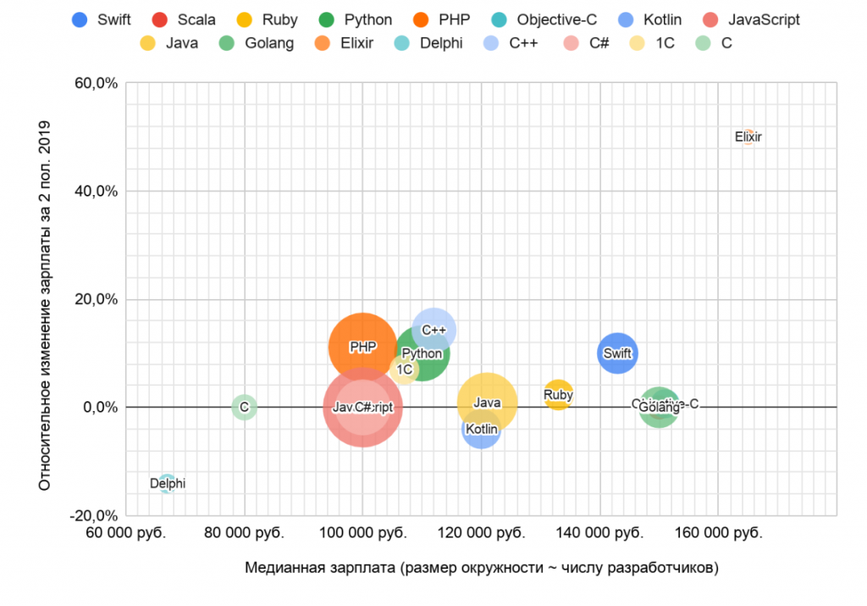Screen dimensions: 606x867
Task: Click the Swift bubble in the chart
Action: [617, 353]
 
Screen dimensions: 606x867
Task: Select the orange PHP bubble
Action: [362, 347]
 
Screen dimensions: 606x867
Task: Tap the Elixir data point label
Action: [748, 136]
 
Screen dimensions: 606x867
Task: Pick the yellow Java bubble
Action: [487, 403]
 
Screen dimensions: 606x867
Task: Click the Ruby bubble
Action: [558, 394]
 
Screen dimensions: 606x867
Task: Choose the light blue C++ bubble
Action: [434, 329]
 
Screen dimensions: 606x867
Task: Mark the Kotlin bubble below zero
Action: [482, 430]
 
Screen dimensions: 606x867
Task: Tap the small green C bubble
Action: [244, 407]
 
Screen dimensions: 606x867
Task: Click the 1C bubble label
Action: [405, 370]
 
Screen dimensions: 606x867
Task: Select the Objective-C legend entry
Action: [538, 19]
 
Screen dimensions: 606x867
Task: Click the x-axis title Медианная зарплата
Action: [481, 567]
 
